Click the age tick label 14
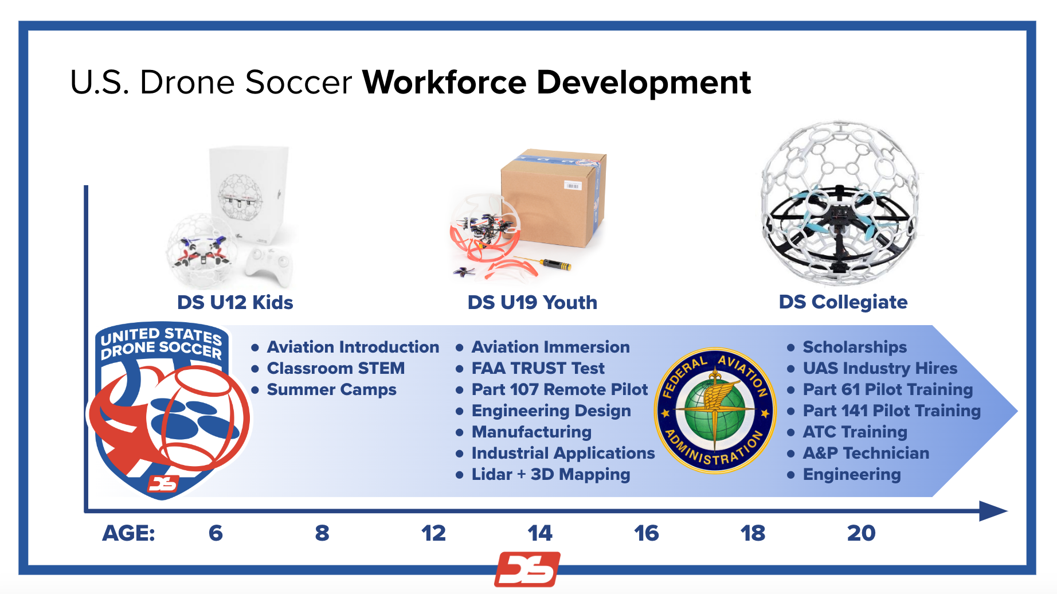click(x=539, y=533)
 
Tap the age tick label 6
click(x=216, y=533)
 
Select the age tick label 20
click(x=861, y=533)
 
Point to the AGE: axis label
click(x=128, y=533)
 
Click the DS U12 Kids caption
click(x=235, y=302)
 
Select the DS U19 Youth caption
click(x=532, y=302)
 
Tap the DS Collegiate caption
click(x=843, y=302)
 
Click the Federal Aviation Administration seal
click(x=715, y=411)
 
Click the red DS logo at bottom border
click(x=527, y=569)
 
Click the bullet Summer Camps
click(x=331, y=390)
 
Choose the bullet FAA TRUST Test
click(x=538, y=368)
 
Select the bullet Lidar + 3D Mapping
click(x=550, y=475)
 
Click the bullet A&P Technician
click(x=866, y=453)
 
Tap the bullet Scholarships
click(x=854, y=347)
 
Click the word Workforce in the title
click(x=444, y=82)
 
